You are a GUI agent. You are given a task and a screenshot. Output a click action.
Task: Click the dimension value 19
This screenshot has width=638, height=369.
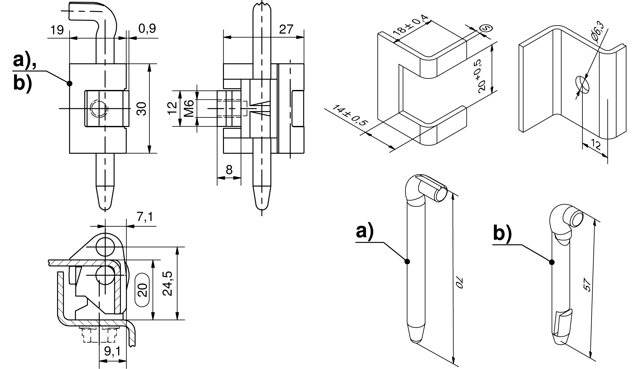pos(57,30)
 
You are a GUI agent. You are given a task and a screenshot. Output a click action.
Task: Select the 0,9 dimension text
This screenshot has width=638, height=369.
pos(147,29)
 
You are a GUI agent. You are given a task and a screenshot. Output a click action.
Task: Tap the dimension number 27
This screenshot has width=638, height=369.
pos(286,29)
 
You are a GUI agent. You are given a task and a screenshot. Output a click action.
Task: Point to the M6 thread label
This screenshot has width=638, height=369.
pos(189,108)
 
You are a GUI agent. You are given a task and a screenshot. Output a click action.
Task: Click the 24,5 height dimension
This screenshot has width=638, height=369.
pos(167,283)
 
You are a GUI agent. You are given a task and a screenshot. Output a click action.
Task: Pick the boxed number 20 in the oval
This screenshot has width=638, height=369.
pos(143,290)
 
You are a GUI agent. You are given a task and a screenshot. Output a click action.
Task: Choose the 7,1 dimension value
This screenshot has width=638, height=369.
pos(145,217)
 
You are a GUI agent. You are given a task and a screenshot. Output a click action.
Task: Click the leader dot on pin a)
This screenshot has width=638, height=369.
pos(407,261)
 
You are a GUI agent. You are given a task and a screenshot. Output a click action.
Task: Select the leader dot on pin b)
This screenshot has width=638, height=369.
pos(551,262)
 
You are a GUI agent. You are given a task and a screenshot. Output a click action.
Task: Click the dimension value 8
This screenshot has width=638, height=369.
pos(229,170)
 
